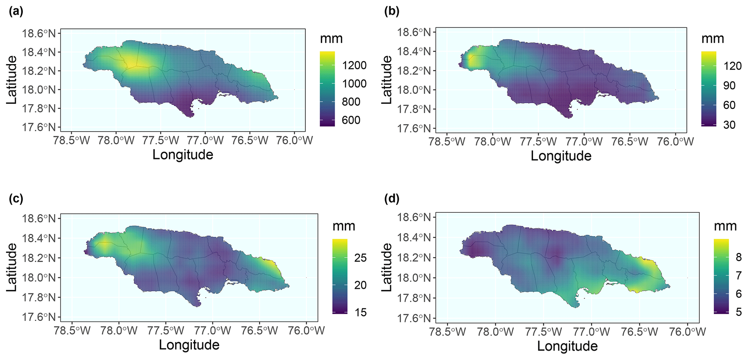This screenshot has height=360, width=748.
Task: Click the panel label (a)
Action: click(16, 12)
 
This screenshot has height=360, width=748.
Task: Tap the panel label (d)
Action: click(392, 199)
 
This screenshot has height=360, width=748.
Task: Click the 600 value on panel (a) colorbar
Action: click(351, 120)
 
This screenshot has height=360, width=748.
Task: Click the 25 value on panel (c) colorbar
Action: click(360, 258)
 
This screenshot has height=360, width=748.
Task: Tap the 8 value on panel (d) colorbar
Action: click(738, 257)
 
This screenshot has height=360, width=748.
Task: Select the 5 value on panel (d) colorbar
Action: click(738, 312)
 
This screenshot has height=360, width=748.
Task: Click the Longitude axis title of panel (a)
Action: click(183, 154)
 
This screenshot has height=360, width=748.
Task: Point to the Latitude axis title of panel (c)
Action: click(12, 267)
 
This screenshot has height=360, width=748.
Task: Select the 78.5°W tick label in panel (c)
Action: click(72, 330)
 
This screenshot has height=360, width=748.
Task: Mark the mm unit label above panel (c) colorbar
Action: click(344, 226)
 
